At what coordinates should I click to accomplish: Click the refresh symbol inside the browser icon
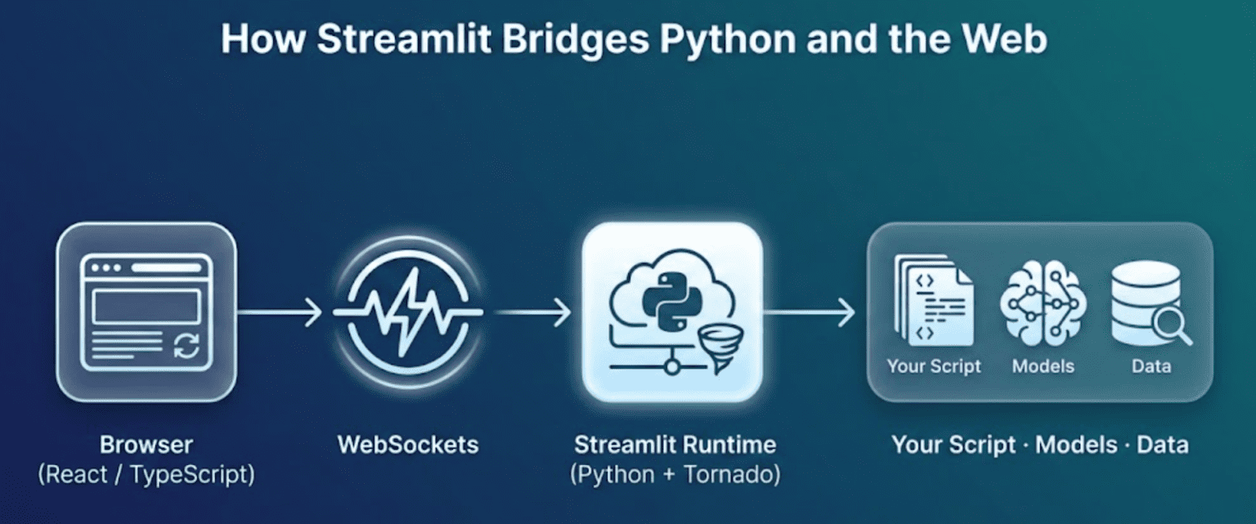(186, 346)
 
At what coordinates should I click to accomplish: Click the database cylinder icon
(1145, 301)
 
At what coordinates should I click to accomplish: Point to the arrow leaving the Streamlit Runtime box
(810, 311)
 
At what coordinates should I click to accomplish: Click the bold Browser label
(146, 446)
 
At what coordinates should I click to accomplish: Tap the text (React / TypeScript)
(146, 475)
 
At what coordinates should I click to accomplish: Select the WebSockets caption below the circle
(408, 446)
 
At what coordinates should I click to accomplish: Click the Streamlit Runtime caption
(675, 446)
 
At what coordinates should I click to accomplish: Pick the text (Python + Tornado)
(675, 475)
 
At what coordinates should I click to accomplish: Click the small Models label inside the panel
(1043, 366)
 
